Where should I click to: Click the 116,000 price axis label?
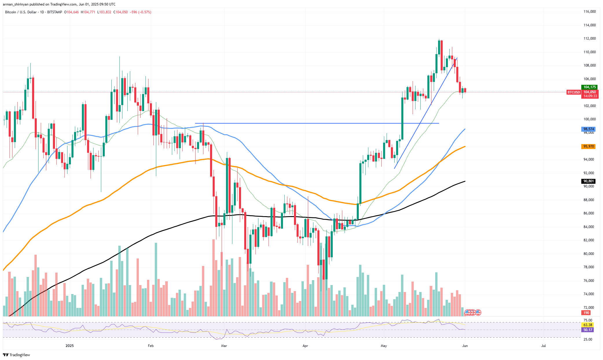(x=589, y=12)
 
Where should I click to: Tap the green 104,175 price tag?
(x=589, y=87)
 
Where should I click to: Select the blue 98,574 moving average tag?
(x=589, y=129)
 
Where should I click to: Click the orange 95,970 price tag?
(x=589, y=146)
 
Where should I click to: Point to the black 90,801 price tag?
(x=589, y=181)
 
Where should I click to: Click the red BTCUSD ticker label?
(x=573, y=92)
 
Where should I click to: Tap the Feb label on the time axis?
(x=150, y=346)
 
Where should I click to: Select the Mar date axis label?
(x=224, y=346)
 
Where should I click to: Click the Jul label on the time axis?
(x=543, y=346)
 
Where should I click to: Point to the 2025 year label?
(x=69, y=346)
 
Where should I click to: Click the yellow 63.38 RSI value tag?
(x=588, y=325)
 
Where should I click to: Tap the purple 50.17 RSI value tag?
(x=588, y=330)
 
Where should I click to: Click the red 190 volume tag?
(x=586, y=313)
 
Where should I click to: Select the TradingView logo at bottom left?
(x=16, y=355)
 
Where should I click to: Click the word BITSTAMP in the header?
(x=54, y=12)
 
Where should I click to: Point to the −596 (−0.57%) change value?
(x=140, y=12)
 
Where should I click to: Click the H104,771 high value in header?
(x=88, y=12)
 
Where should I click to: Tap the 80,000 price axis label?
(x=589, y=254)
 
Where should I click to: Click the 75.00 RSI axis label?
(x=588, y=320)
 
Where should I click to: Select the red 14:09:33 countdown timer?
(x=590, y=96)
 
